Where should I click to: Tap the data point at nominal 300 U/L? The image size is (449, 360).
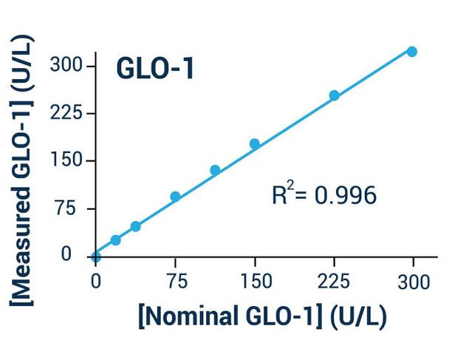tap(412, 52)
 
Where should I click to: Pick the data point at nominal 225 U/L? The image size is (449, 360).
tap(334, 95)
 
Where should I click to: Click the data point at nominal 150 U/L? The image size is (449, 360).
tap(255, 144)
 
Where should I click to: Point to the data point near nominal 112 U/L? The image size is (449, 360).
tap(215, 170)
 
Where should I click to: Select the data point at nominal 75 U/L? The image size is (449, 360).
tap(175, 197)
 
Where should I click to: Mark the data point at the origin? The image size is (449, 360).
tap(96, 257)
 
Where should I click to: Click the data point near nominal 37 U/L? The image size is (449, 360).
tap(136, 226)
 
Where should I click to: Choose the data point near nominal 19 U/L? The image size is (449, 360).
tap(116, 240)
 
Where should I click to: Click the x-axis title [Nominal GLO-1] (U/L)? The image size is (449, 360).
tap(262, 316)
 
